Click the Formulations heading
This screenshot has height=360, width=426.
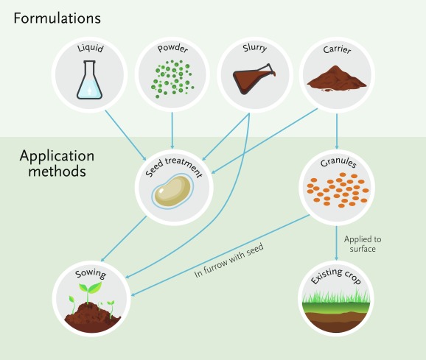pyautogui.click(x=57, y=18)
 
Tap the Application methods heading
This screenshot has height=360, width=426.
pyautogui.click(x=57, y=163)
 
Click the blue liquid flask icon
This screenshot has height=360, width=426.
pyautogui.click(x=89, y=80)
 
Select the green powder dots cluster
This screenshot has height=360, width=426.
pyautogui.click(x=172, y=79)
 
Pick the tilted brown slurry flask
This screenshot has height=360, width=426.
pyautogui.click(x=254, y=78)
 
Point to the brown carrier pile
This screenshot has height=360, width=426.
pyautogui.click(x=337, y=78)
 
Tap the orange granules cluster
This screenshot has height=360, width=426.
pyautogui.click(x=338, y=190)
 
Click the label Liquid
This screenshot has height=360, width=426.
pyautogui.click(x=91, y=48)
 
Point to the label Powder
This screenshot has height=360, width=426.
pyautogui.click(x=172, y=49)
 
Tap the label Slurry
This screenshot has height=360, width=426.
pyautogui.click(x=255, y=48)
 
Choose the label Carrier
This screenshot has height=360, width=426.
pyautogui.click(x=337, y=49)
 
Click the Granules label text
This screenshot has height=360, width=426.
pyautogui.click(x=338, y=163)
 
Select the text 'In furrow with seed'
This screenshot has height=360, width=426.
pyautogui.click(x=229, y=261)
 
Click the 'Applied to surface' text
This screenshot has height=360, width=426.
pyautogui.click(x=363, y=244)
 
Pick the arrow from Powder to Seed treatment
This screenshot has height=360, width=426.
pyautogui.click(x=172, y=131)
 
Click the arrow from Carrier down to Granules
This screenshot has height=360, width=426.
pyautogui.click(x=337, y=131)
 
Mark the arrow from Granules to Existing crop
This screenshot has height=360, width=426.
pyautogui.click(x=337, y=244)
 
